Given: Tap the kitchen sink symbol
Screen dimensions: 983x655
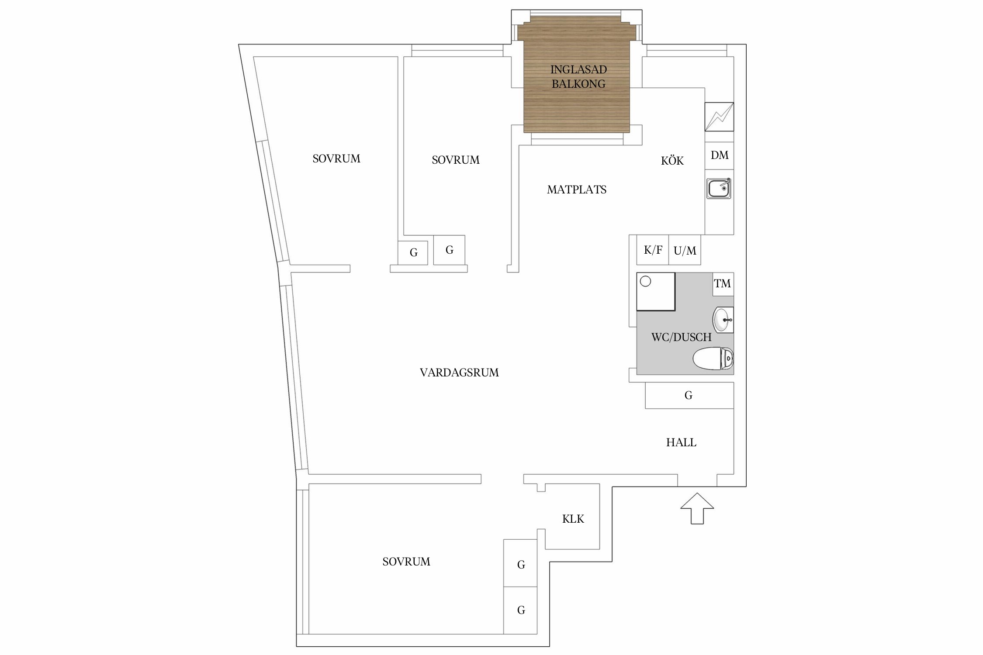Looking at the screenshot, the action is click(719, 189).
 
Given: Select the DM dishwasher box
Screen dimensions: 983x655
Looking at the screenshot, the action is click(719, 155).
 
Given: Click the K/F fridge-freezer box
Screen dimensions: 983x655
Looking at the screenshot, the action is click(653, 250).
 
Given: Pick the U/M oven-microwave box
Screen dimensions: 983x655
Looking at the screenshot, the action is click(685, 250).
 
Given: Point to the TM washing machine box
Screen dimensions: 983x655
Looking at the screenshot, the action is click(723, 284).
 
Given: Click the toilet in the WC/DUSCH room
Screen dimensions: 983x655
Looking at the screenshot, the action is click(713, 359).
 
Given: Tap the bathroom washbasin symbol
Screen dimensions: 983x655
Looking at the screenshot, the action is click(723, 320).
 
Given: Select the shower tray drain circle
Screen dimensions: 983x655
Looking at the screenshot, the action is click(645, 282).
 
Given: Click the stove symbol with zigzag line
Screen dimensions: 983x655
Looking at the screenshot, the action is click(719, 117).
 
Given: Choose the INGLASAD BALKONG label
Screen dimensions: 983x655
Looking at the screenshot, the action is click(578, 76).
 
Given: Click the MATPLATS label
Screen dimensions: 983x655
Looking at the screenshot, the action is click(577, 190).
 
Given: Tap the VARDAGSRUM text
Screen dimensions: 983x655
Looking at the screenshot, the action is click(459, 372).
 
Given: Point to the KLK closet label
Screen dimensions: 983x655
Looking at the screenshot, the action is click(573, 519).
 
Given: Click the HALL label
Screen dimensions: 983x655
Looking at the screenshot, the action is click(681, 442).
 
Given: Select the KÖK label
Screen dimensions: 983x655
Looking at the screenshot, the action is click(672, 160).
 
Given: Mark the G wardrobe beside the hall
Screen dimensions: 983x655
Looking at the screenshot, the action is click(689, 395).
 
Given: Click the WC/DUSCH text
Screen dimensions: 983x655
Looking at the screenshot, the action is click(682, 337).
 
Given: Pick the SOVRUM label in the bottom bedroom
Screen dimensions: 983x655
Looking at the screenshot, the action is click(406, 562).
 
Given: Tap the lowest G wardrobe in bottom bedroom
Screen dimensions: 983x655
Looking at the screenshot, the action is click(520, 610).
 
